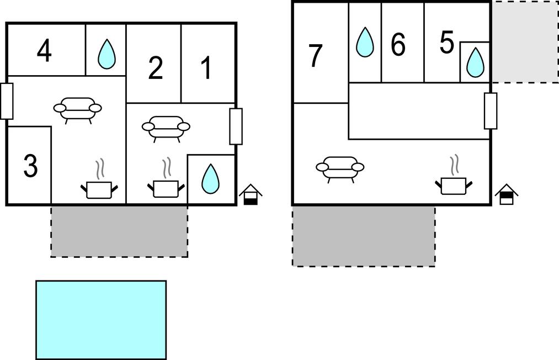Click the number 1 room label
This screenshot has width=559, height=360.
pos(206,68)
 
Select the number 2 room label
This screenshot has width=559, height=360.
pos(156,68)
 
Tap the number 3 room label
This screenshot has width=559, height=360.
pos(30,166)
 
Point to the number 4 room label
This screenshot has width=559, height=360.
pos(45,51)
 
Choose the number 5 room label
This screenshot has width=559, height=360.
pos(446,43)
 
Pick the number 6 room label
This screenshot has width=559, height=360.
pos(398,45)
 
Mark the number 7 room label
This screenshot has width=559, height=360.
pos(315,56)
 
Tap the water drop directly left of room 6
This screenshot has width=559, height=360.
pos(364,42)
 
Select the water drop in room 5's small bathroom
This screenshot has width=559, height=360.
pos(475,62)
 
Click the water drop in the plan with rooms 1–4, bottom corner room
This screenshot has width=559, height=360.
pos(210,179)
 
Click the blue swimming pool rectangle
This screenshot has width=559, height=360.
pos(101,320)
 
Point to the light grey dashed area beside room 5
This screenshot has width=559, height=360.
pos(524,42)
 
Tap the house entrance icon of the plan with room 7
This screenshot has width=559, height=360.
pos(506,194)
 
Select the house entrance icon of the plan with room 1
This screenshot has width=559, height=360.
pos(251,194)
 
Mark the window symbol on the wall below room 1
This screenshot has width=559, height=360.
pos(236,126)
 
